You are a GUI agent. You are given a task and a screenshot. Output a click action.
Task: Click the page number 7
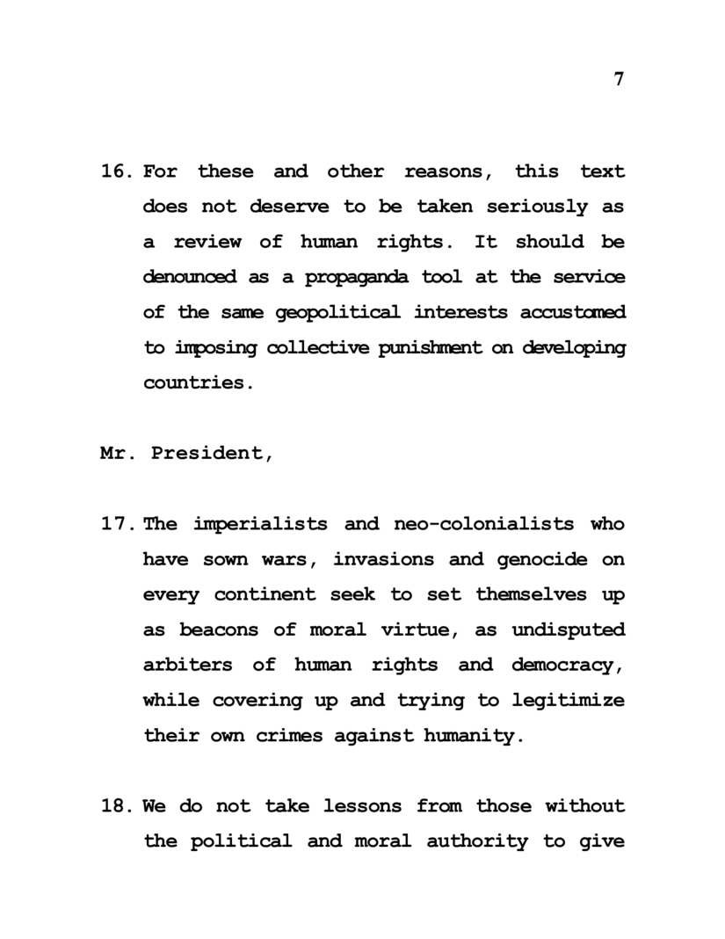coord(619,78)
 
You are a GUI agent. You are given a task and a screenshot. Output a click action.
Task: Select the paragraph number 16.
coord(116,171)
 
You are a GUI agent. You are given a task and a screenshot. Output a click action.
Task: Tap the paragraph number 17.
coord(116,524)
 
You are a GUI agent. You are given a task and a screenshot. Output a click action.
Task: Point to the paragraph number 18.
coord(116,805)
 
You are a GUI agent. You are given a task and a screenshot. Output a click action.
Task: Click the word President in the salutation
coord(212,454)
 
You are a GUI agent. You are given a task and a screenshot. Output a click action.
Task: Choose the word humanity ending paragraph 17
coord(475,735)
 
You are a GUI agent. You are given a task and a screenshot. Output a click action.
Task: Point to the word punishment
coord(431,348)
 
